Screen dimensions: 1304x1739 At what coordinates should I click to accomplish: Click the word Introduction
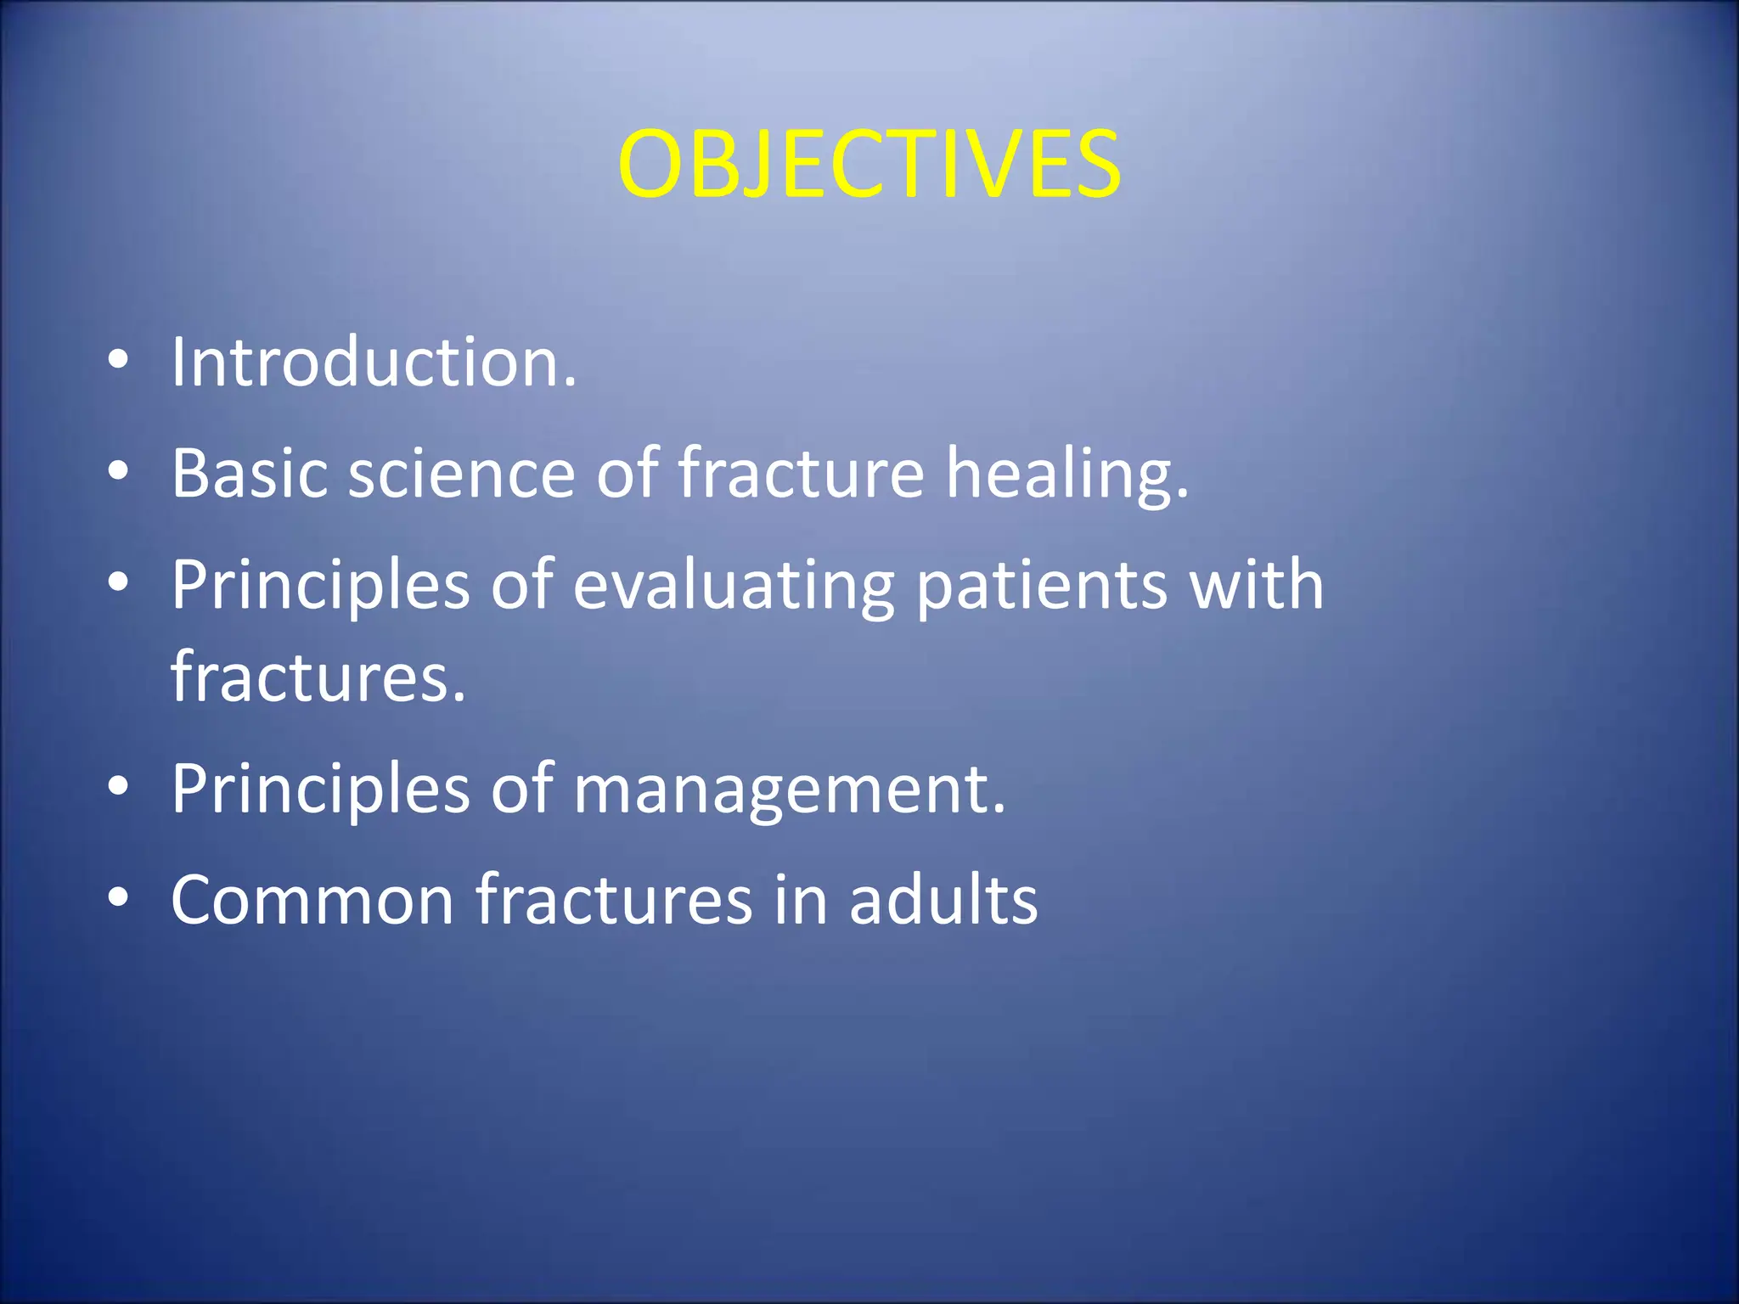pyautogui.click(x=374, y=363)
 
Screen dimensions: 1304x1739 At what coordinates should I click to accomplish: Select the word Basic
pyautogui.click(x=249, y=473)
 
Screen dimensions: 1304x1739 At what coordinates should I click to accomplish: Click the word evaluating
pyautogui.click(x=734, y=586)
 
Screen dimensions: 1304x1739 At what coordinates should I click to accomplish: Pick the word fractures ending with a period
pyautogui.click(x=318, y=677)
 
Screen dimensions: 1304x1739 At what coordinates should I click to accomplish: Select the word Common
pyautogui.click(x=312, y=900)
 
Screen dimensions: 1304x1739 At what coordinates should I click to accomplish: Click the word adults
pyautogui.click(x=943, y=900)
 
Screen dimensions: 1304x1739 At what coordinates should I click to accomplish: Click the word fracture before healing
pyautogui.click(x=800, y=473)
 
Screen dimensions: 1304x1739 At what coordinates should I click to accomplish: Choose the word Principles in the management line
pyautogui.click(x=320, y=790)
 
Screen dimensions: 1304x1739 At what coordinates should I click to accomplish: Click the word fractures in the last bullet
pyautogui.click(x=613, y=900)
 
